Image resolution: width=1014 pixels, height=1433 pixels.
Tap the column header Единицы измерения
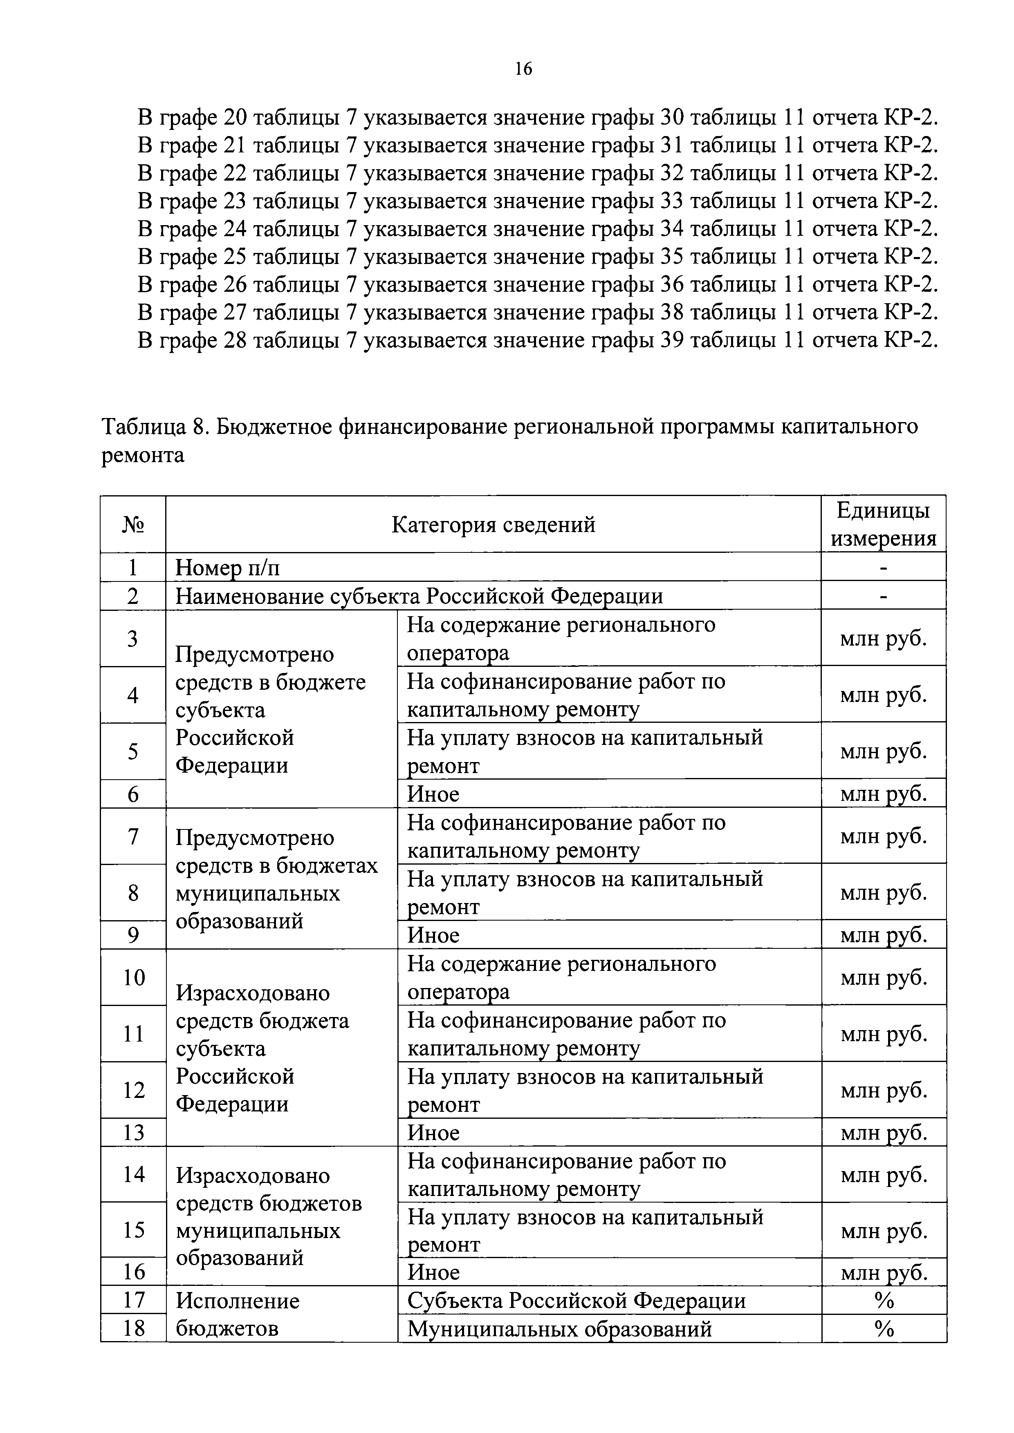(883, 524)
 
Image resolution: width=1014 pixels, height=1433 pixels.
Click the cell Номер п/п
(228, 567)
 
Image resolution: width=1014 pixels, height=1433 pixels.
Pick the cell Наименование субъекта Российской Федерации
(419, 596)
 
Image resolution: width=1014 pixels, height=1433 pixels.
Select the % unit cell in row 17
(884, 1301)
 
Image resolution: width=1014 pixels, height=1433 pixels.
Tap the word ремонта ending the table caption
(143, 455)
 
